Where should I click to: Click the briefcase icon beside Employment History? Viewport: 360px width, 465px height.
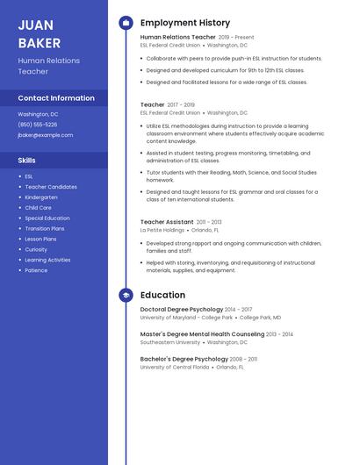126,23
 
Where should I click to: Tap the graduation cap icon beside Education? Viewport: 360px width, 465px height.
126,296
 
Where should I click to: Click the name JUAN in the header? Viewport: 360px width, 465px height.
35,25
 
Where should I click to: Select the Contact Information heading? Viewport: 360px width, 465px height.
56,98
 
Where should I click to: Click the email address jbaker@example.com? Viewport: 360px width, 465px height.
46,135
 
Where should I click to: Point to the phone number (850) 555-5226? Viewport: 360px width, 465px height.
38,125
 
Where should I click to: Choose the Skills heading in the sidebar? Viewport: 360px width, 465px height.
27,161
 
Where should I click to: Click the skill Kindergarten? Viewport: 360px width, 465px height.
41,197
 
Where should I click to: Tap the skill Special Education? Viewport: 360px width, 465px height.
47,218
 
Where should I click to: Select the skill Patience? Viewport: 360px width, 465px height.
37,270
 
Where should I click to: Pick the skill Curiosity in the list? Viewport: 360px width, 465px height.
37,249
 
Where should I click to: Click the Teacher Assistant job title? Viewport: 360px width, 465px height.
167,222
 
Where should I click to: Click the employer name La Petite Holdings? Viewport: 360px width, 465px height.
162,230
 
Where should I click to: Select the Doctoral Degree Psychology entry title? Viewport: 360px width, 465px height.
182,310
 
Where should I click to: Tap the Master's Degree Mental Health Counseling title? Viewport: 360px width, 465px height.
202,334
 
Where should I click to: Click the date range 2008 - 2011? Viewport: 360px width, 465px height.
245,359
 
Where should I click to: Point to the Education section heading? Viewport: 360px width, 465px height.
162,296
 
